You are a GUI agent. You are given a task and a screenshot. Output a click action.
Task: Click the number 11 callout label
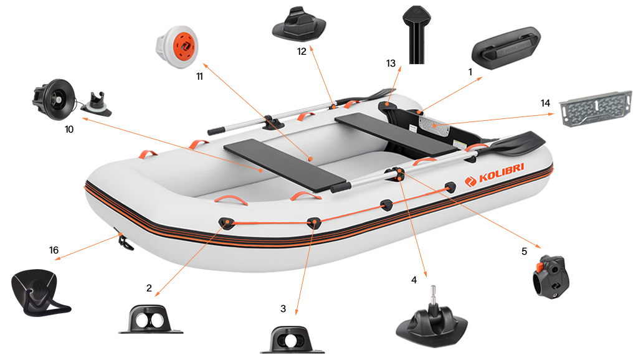click(x=199, y=77)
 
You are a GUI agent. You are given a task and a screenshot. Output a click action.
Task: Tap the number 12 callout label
click(x=302, y=52)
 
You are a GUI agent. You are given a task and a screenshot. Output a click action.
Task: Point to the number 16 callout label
click(x=54, y=250)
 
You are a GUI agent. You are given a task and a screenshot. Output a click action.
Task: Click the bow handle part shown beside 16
click(x=40, y=291)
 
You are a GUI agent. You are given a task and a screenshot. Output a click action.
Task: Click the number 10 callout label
click(x=69, y=130)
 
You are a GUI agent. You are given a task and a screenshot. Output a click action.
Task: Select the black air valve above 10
click(x=50, y=100)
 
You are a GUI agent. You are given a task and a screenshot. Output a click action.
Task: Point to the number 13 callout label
click(x=391, y=64)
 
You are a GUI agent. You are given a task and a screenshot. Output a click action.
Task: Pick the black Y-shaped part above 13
click(x=417, y=34)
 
